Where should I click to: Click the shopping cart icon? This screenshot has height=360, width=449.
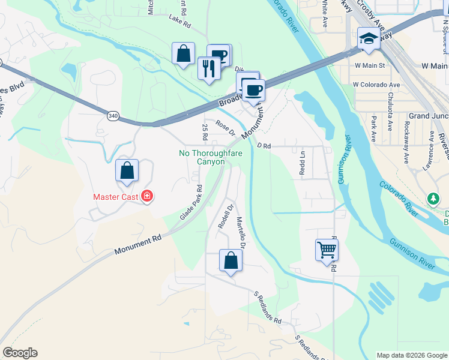tap(327, 249)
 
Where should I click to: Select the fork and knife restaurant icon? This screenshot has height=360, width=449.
tap(208, 67)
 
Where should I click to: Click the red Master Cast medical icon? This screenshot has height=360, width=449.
tap(146, 196)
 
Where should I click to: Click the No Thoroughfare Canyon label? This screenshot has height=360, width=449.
tap(202, 157)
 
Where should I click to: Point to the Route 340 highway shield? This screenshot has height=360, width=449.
tap(113, 115)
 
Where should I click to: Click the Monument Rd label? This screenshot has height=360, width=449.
tap(138, 245)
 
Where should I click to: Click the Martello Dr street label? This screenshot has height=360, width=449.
tap(241, 233)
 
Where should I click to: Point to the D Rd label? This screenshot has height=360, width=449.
tap(264, 145)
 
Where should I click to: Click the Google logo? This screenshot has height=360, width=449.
tap(20, 353)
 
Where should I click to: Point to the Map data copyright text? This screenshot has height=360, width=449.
tap(412, 355)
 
